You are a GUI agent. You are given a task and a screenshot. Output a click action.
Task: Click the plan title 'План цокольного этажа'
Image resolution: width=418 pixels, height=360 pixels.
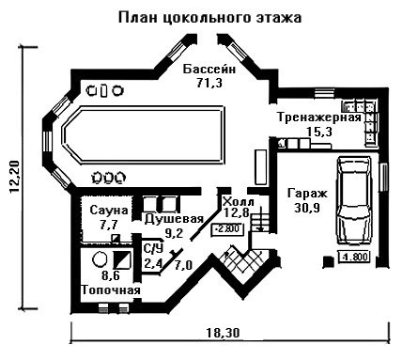click(x=209, y=18)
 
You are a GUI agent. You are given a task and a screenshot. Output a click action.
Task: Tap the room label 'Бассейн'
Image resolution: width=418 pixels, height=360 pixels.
click(x=209, y=69)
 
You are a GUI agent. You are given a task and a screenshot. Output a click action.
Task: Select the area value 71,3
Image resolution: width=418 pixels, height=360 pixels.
click(x=209, y=83)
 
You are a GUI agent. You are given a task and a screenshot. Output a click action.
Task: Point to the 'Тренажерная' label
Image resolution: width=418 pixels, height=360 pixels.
click(x=319, y=117)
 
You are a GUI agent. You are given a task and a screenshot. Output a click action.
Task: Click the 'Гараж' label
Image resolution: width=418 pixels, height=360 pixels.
click(x=307, y=194)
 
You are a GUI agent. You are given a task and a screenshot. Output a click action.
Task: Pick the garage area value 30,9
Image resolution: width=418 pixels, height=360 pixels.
click(x=307, y=208)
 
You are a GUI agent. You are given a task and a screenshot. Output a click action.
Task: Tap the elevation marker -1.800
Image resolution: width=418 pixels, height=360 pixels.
click(x=354, y=257)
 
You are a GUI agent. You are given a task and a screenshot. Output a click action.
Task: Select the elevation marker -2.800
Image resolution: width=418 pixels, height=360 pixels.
click(x=227, y=229)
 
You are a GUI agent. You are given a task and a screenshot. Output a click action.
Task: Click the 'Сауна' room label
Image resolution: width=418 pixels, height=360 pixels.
click(x=109, y=210)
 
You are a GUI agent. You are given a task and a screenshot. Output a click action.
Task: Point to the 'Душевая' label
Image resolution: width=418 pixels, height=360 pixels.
click(x=174, y=219)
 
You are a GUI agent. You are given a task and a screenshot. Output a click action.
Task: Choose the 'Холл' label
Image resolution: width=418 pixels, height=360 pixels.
click(x=238, y=201)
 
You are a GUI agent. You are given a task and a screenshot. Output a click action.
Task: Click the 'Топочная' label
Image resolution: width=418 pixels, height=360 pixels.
click(x=111, y=290)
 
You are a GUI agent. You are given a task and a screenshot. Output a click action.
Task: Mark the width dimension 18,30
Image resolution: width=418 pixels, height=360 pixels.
click(x=223, y=332)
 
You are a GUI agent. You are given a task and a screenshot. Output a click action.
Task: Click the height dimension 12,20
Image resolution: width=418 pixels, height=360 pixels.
click(x=15, y=177)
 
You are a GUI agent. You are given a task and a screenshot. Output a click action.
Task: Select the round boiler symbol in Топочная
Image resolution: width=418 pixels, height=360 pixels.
click(x=101, y=258)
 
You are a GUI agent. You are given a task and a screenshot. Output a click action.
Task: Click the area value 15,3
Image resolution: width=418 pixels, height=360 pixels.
click(x=319, y=132)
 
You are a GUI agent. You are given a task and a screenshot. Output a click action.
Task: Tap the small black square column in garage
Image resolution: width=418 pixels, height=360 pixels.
click(x=328, y=261)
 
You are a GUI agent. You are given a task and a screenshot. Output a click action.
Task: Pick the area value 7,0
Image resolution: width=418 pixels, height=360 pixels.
click(x=183, y=266)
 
